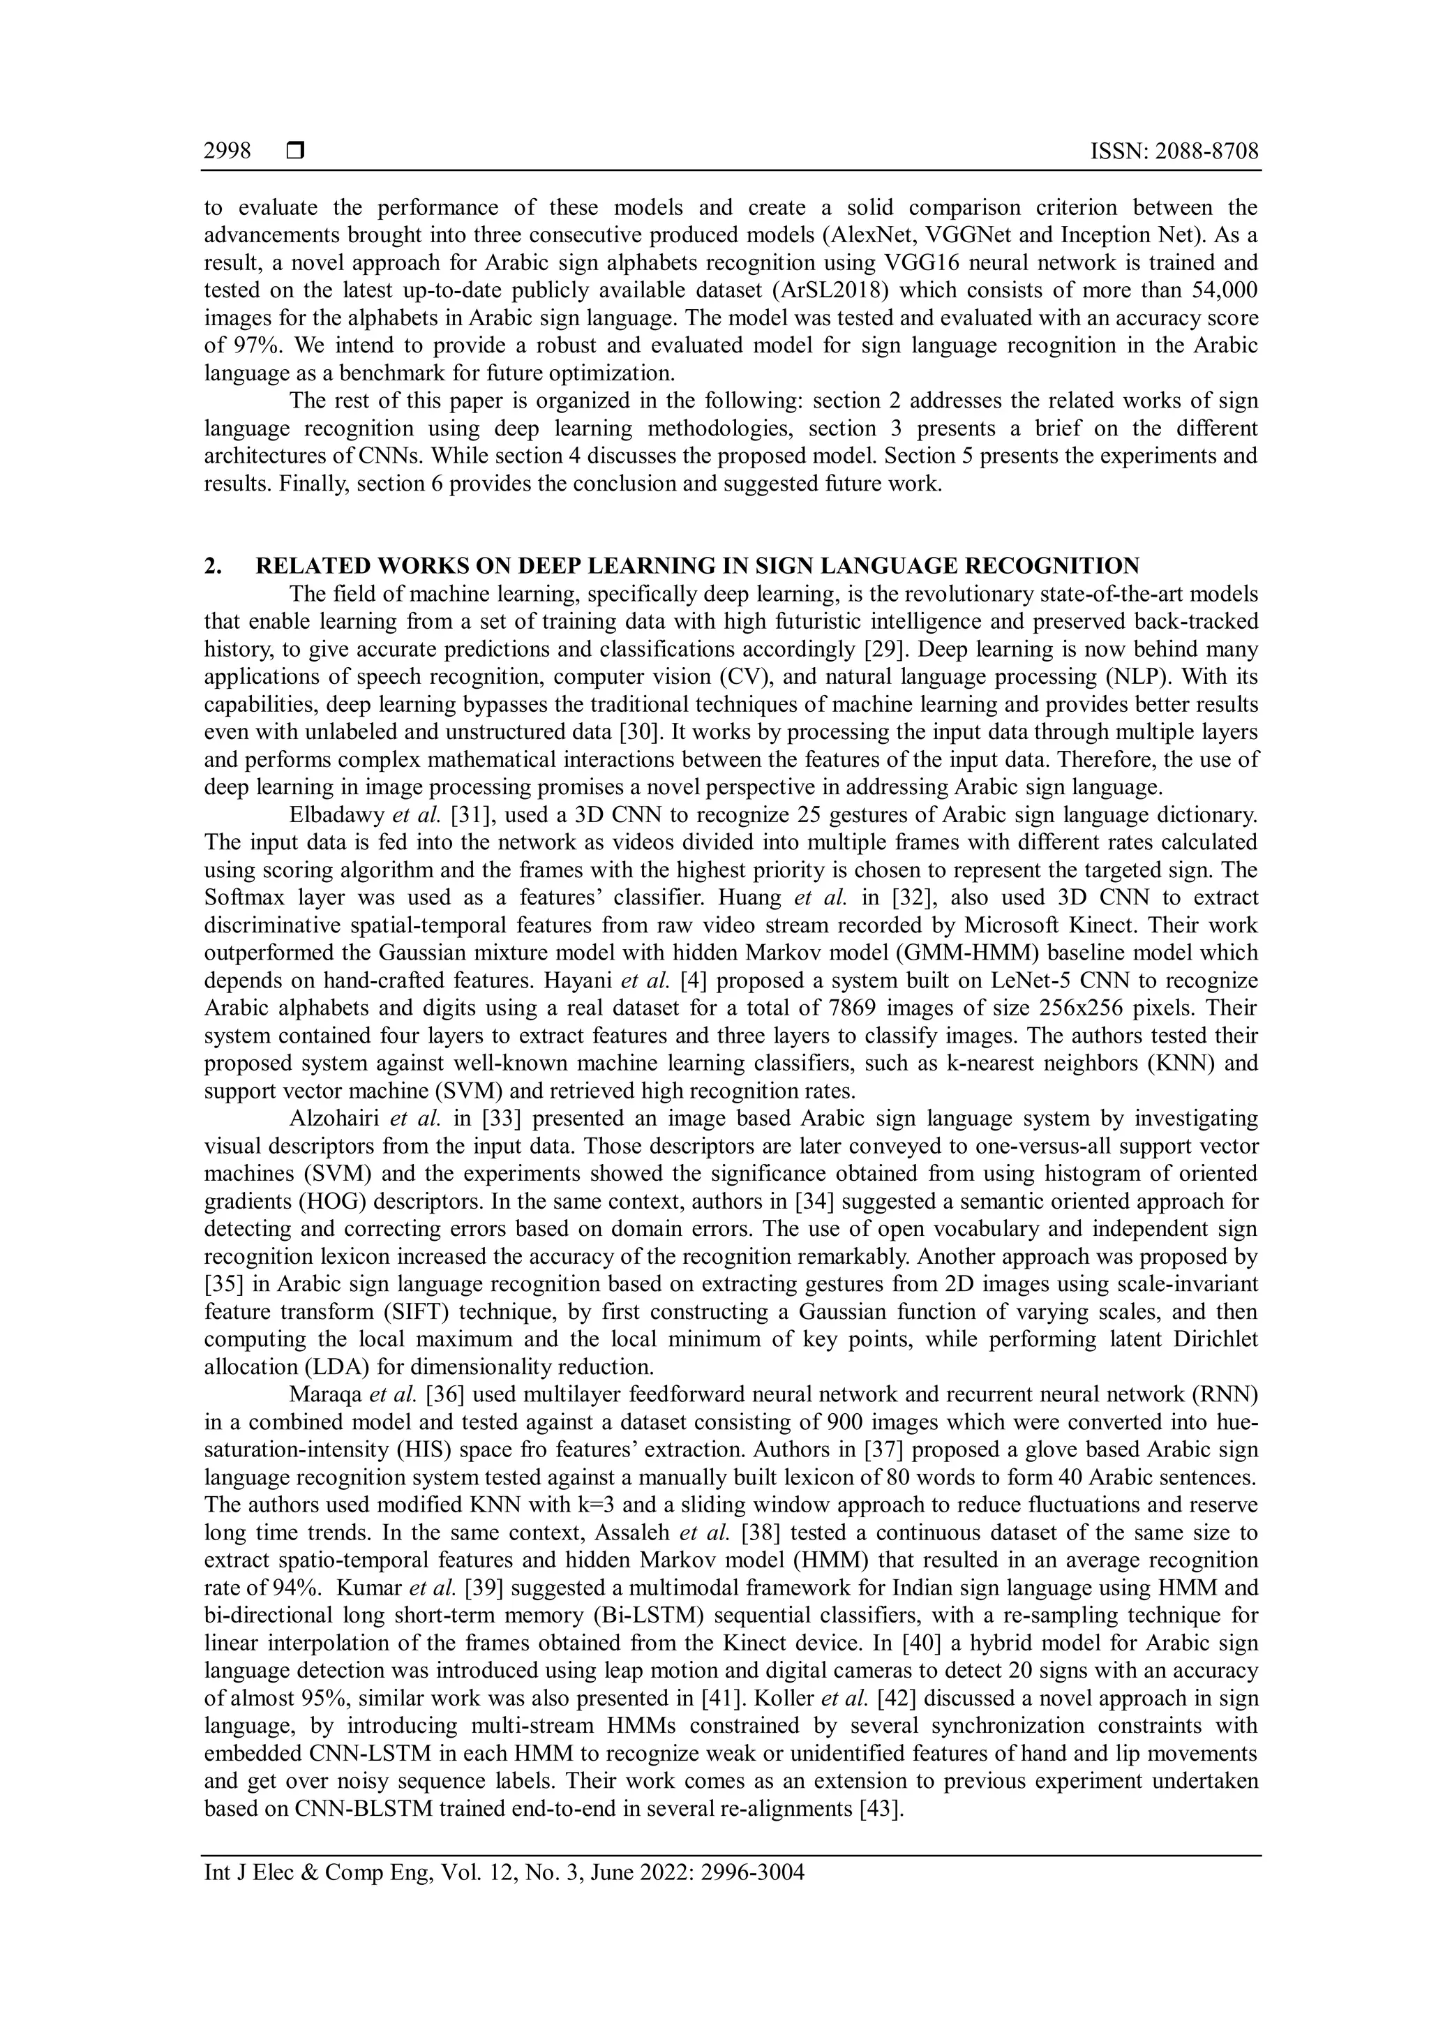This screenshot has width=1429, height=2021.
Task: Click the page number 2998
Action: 227,152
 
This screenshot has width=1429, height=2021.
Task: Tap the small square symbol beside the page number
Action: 294,152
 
